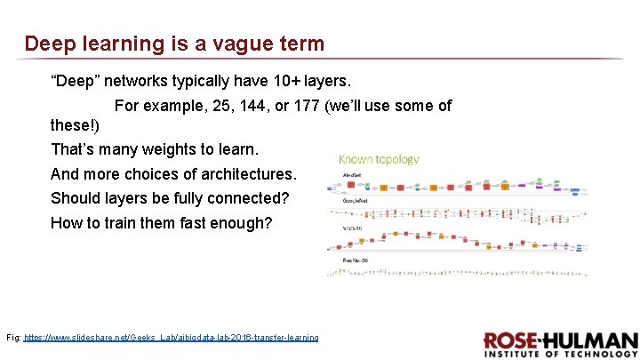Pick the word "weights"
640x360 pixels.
pyautogui.click(x=169, y=148)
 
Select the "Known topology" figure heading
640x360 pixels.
pyautogui.click(x=379, y=159)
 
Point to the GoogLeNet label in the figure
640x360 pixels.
pyautogui.click(x=356, y=201)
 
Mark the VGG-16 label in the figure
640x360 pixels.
pyautogui.click(x=354, y=228)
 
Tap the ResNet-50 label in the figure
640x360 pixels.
pyautogui.click(x=356, y=259)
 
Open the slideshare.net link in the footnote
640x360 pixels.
pyautogui.click(x=171, y=338)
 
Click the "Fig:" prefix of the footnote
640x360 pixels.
pyautogui.click(x=13, y=338)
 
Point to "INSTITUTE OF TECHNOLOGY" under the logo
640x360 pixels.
pyautogui.click(x=561, y=355)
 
